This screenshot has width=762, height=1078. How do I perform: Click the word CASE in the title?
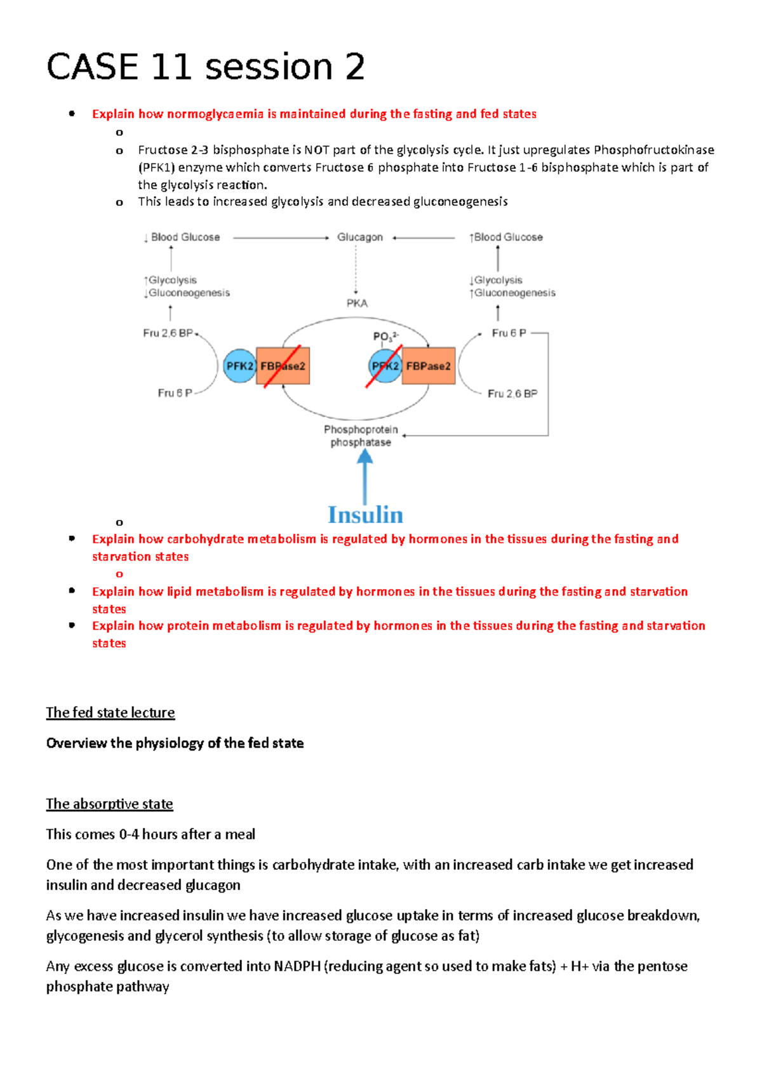pos(93,67)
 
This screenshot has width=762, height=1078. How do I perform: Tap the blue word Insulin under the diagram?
pos(365,515)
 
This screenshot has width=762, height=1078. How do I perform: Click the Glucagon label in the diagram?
pos(359,237)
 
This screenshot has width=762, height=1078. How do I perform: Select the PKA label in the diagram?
pos(357,303)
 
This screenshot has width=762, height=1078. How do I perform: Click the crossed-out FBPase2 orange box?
pos(283,366)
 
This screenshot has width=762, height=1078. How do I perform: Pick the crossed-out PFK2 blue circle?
pos(384,366)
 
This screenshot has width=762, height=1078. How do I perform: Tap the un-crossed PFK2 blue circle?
pos(239,366)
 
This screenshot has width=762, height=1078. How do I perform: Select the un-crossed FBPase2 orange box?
pos(429,366)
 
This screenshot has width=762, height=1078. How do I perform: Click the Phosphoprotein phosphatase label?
pos(361,436)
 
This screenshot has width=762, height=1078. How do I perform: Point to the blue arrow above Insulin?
pos(364,476)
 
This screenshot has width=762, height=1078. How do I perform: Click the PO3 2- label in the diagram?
pos(385,336)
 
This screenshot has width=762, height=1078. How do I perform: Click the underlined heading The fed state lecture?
pos(110,713)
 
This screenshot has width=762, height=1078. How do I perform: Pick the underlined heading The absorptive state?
pos(109,804)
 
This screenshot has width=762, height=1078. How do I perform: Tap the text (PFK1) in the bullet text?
pos(156,168)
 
